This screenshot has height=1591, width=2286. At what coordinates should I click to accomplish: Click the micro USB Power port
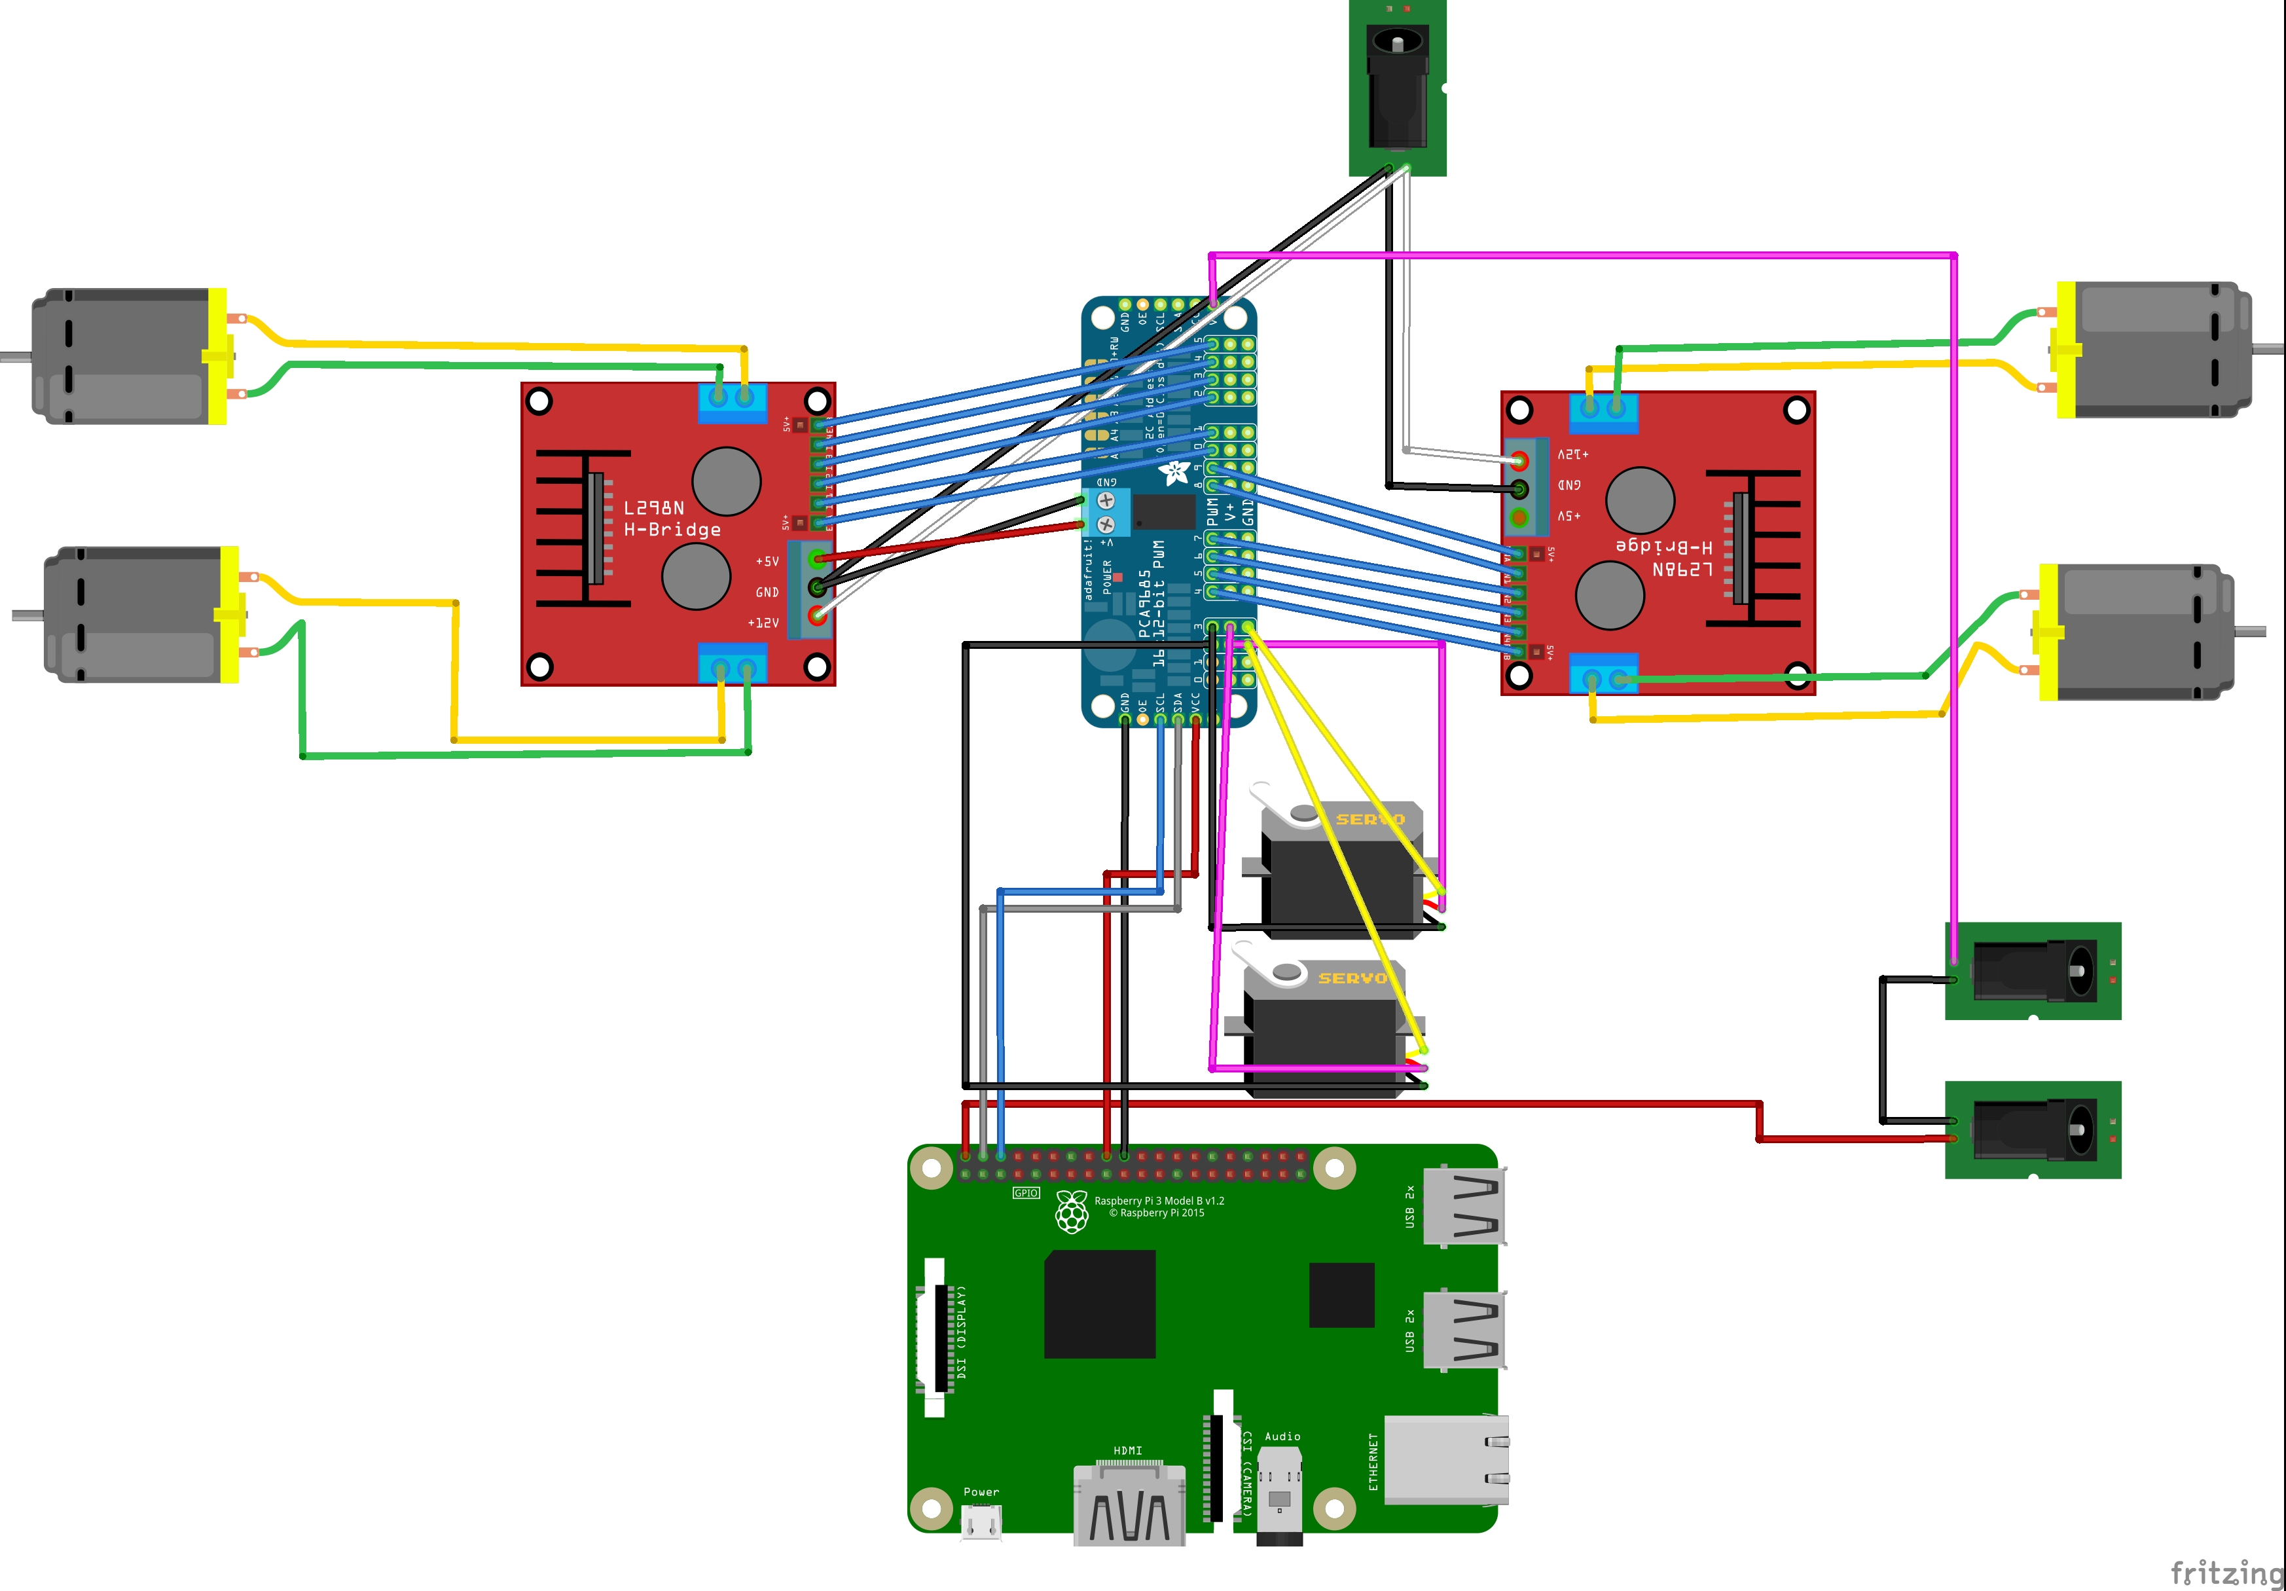pos(981,1522)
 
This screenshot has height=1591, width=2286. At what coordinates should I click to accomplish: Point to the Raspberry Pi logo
pos(1071,1212)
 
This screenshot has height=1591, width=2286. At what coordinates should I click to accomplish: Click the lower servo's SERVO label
pos(1352,979)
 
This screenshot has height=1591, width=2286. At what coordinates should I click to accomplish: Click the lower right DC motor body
pos(2141,632)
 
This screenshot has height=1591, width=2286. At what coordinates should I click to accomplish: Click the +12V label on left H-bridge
pos(764,623)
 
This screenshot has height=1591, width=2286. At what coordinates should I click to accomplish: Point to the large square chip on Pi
pos(1099,1304)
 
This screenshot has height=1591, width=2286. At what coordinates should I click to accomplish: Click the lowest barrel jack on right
pos(2031,1130)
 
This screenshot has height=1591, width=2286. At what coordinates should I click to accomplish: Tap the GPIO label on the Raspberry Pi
pos(1026,1193)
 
